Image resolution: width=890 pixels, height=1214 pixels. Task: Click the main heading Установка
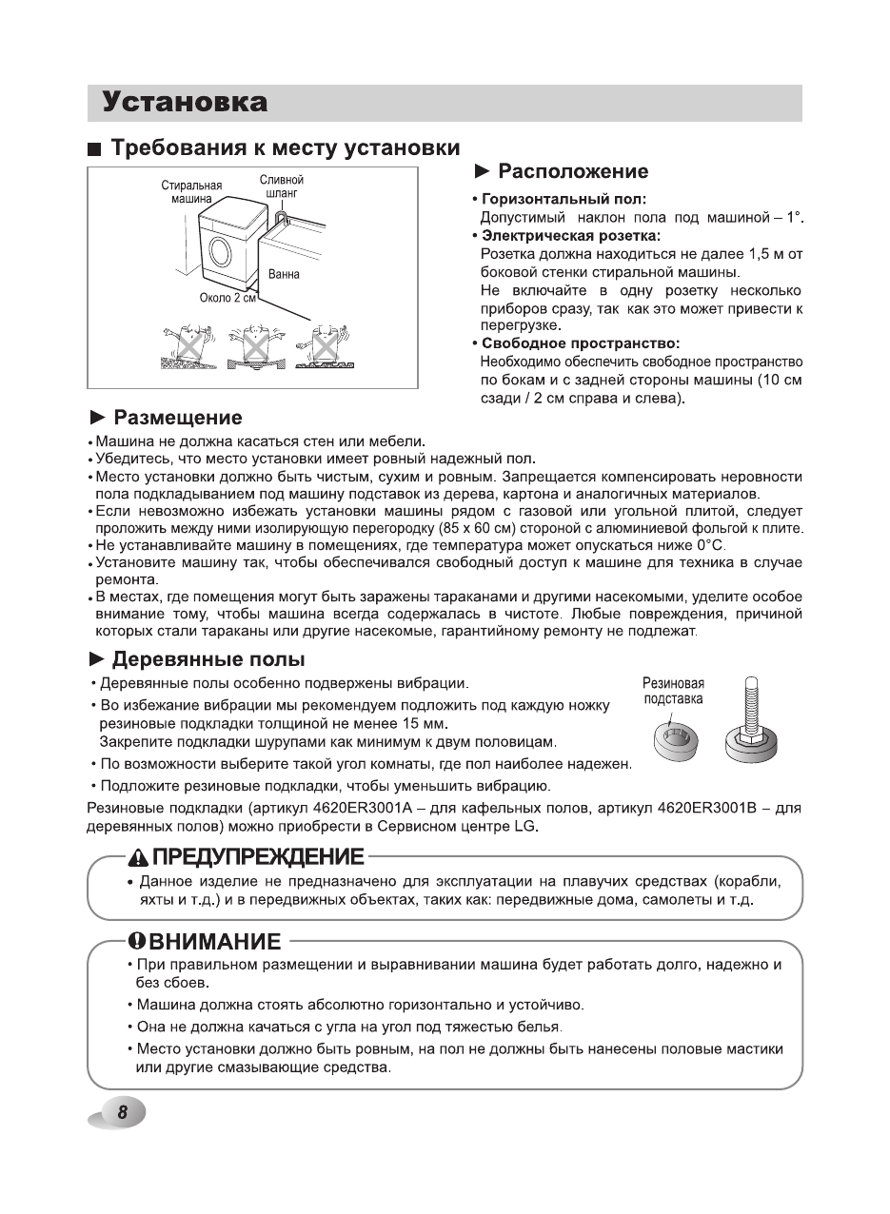coord(186,102)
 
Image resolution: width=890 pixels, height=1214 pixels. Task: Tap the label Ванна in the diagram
coord(284,274)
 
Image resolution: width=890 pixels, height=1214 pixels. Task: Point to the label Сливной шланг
coord(281,186)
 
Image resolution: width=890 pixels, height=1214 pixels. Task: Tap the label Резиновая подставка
coord(673,691)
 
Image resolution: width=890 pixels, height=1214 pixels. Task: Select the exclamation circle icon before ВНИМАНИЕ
coord(137,942)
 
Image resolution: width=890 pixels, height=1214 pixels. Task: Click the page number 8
coord(123,1113)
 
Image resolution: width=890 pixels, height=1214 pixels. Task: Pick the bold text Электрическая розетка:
coord(571,235)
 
